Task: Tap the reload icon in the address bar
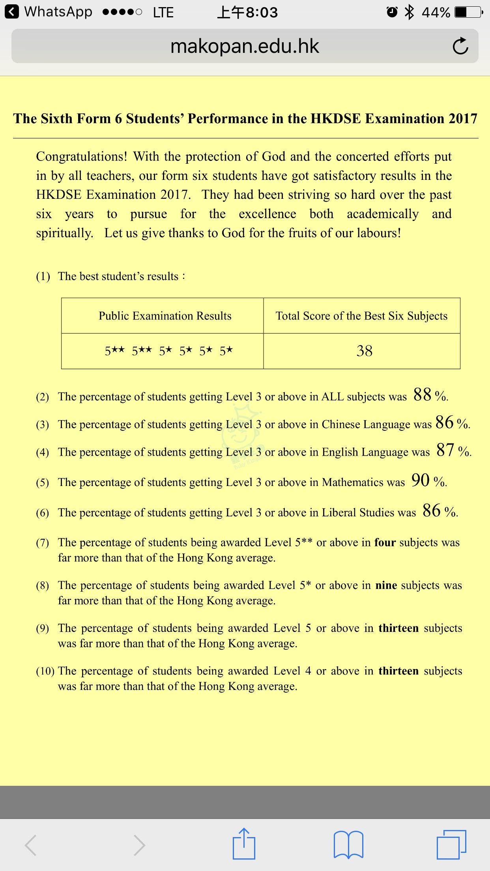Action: [x=460, y=46]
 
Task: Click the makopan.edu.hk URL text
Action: [x=245, y=46]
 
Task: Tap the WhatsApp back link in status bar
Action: [x=49, y=12]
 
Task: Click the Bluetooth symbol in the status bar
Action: [x=410, y=12]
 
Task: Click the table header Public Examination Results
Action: [x=165, y=316]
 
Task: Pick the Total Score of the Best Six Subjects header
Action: [x=361, y=316]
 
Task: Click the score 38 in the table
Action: [x=364, y=351]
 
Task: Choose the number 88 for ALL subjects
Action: [x=423, y=394]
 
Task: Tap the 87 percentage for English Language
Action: [x=445, y=450]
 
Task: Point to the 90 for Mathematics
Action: [x=421, y=480]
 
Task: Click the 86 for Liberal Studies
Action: [x=432, y=510]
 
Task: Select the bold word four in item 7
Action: [x=385, y=542]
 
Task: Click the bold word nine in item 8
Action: [x=386, y=585]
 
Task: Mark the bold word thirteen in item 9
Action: [x=398, y=628]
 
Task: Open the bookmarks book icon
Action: [x=348, y=845]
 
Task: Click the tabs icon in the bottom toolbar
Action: [x=451, y=845]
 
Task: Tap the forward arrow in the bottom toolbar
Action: [x=139, y=845]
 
